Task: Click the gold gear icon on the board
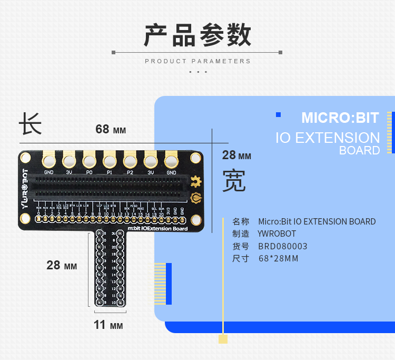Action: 196,182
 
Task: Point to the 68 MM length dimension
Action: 111,129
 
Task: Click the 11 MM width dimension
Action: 108,325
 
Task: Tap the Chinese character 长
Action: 30,124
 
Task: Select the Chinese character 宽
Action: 234,180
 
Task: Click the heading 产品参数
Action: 197,35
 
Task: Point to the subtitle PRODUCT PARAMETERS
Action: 197,61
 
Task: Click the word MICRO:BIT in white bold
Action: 340,118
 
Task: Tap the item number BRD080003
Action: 282,246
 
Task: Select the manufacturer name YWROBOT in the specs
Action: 276,233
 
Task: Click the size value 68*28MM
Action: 279,258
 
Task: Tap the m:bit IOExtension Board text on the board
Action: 157,229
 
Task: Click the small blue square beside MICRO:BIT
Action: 279,114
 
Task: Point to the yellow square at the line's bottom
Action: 223,339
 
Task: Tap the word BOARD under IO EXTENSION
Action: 359,150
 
